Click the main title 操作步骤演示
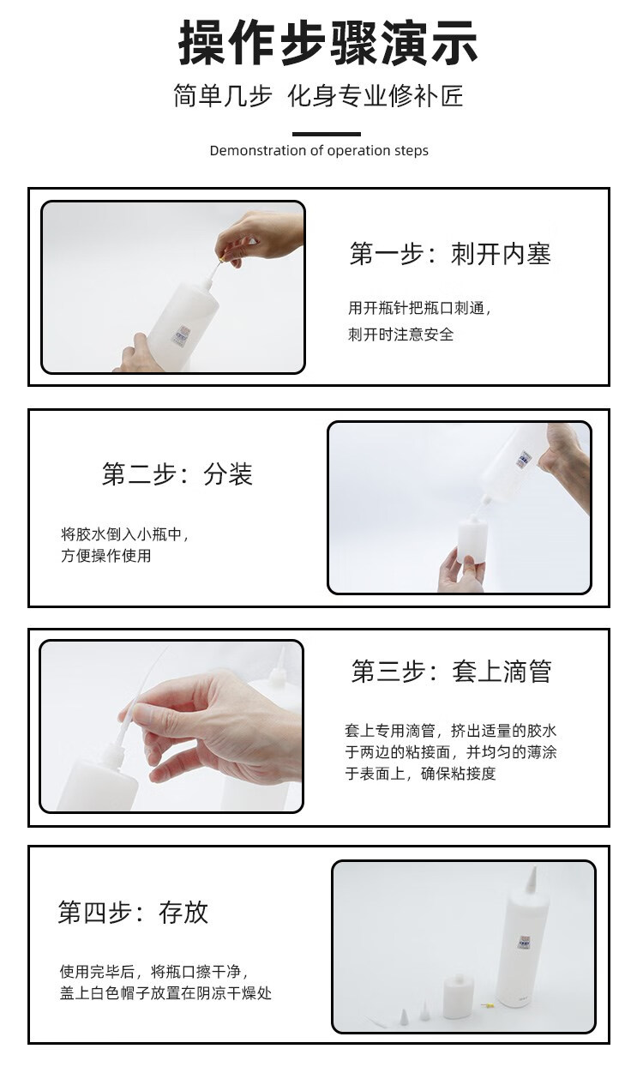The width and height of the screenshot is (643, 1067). pos(328,42)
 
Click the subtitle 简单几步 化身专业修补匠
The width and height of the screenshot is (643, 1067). pos(318,96)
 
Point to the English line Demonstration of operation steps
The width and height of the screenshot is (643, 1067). pos(319,150)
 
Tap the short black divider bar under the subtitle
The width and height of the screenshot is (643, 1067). pos(327,134)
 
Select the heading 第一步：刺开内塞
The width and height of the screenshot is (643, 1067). pos(450,253)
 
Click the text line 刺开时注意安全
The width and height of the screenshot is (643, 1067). pos(400,335)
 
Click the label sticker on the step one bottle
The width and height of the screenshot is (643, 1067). pos(182,335)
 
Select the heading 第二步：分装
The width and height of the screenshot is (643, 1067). pos(177,474)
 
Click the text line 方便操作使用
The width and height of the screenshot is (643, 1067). pos(105,556)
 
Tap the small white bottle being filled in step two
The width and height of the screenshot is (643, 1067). pos(472,540)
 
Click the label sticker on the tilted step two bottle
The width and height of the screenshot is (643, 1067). pos(525,458)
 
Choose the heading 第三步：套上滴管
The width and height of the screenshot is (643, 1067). pos(451,671)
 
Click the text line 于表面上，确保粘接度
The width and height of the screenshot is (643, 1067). pos(420,773)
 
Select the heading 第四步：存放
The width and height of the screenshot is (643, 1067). pos(133,913)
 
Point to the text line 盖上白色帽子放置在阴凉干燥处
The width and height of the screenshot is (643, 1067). pos(165,993)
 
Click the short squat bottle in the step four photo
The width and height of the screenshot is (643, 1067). pos(458,997)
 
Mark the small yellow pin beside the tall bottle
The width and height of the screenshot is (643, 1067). pos(488,1006)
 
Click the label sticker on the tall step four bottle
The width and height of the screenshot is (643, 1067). pos(524,941)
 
